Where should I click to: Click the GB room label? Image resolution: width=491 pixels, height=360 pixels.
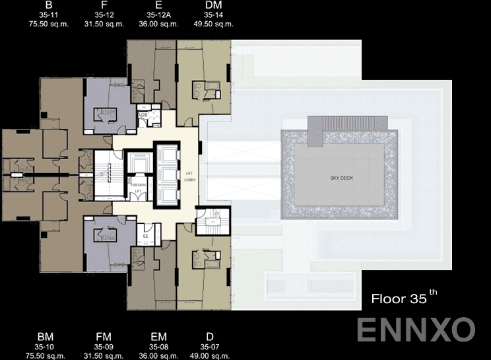pyautogui.click(x=143, y=116)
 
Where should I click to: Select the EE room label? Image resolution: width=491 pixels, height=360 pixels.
pyautogui.click(x=145, y=236)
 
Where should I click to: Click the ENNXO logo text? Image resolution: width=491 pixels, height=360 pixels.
pyautogui.click(x=416, y=329)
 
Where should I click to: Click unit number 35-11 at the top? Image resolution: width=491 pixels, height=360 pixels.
pyautogui.click(x=49, y=15)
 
